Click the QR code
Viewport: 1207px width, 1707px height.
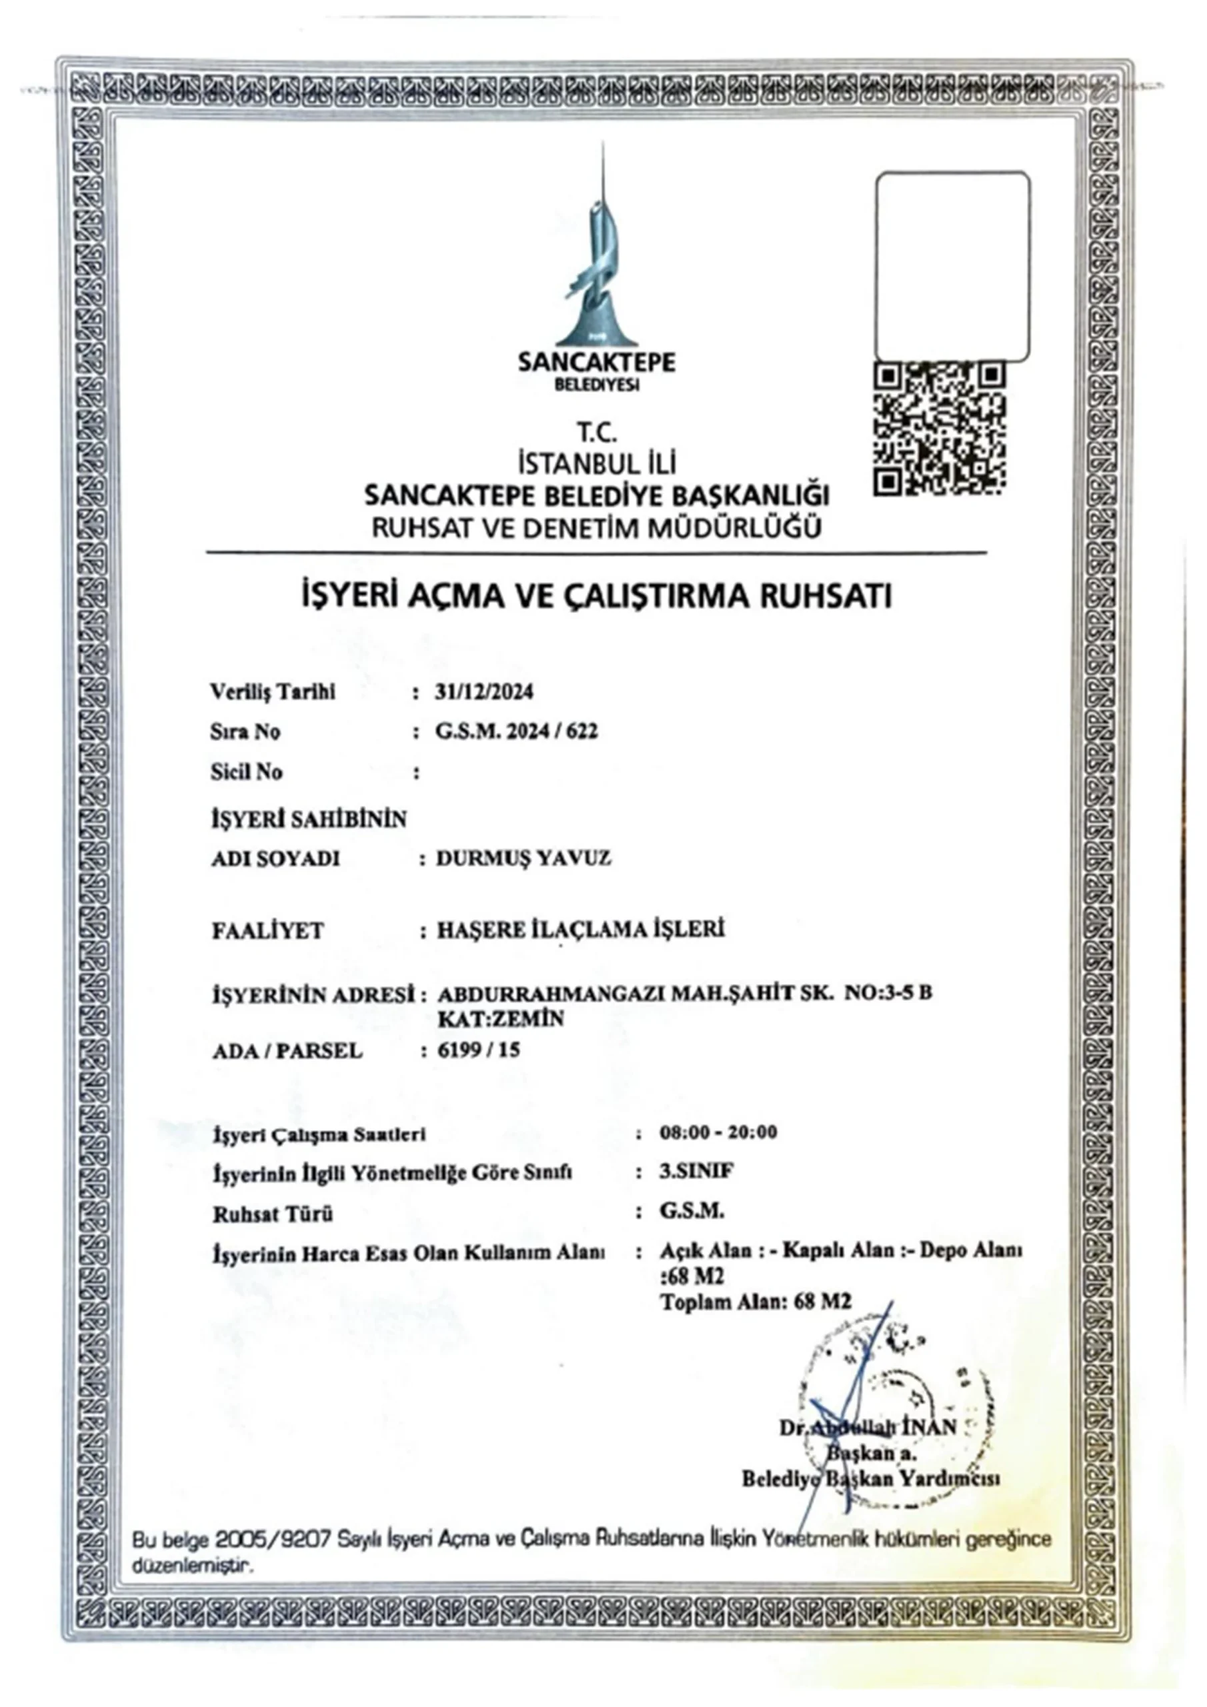[940, 428]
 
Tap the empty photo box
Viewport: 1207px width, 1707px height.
[953, 266]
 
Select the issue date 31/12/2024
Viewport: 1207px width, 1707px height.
[484, 692]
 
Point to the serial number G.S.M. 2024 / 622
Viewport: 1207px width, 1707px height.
[516, 731]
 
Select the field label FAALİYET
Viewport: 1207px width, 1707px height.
[267, 931]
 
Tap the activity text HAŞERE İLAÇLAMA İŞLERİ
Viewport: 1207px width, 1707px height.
[581, 930]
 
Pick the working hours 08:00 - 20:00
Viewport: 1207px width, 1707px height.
[718, 1132]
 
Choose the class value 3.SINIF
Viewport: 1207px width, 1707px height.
[697, 1172]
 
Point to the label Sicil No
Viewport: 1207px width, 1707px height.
[246, 771]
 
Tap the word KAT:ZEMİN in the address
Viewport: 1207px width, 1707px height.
[501, 1019]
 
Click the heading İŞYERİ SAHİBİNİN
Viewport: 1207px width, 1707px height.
[309, 819]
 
